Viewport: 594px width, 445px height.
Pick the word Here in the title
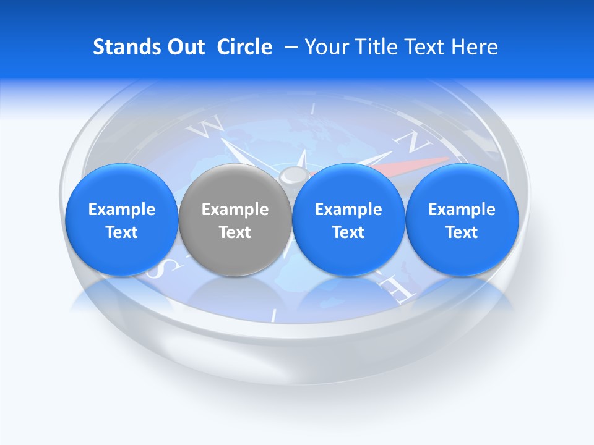474,47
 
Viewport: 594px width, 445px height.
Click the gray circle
235,219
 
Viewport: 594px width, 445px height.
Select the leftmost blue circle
121,219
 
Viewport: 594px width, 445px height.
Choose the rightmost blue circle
462,219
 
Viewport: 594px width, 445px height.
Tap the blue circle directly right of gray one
348,219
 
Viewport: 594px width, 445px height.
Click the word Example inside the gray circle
235,210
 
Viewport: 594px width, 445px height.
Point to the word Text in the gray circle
235,232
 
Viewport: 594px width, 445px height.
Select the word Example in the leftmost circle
121,210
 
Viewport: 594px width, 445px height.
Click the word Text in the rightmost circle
462,232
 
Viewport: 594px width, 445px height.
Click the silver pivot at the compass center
290,177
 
